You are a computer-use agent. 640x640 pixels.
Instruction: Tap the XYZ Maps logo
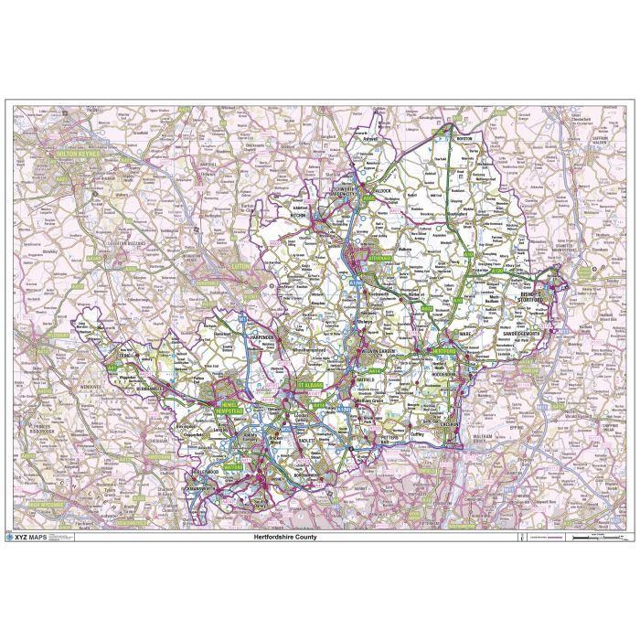[x=29, y=538]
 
